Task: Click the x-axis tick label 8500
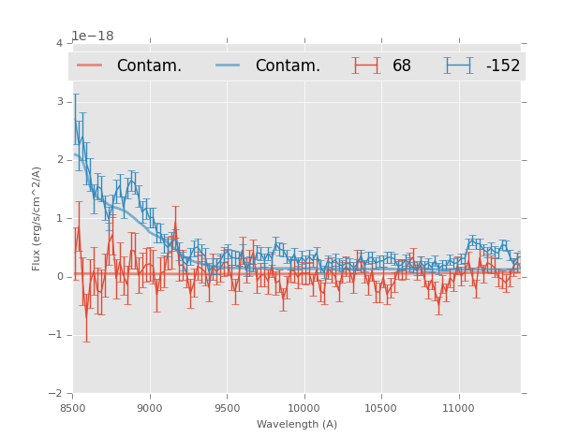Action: [73, 408]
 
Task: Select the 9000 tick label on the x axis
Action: [150, 408]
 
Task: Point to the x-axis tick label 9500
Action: [227, 408]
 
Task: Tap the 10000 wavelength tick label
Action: [304, 408]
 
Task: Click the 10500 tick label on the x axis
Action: [381, 408]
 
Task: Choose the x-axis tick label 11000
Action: [458, 408]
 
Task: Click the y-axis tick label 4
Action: [59, 44]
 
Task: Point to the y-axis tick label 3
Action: [59, 102]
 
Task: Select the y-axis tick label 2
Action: [59, 160]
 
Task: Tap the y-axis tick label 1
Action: [59, 218]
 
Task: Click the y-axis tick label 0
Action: [59, 277]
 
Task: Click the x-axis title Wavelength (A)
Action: [297, 424]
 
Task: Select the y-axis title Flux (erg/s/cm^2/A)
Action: [37, 218]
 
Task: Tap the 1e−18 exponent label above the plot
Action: [93, 36]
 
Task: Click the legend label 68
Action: [402, 66]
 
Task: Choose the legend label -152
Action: [502, 66]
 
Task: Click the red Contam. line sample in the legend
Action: [91, 66]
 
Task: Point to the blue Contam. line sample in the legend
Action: [230, 66]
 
